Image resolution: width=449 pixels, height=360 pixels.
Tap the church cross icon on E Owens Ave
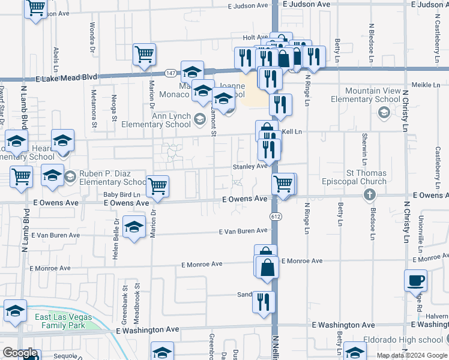click(369, 194)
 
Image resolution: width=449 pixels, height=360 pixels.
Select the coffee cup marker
click(415, 280)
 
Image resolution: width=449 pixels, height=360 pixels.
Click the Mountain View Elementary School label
click(373, 95)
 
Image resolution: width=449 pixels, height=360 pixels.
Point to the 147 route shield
click(170, 73)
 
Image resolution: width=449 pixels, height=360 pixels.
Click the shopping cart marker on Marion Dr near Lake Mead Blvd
click(144, 55)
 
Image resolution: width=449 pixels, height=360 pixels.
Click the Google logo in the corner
click(20, 353)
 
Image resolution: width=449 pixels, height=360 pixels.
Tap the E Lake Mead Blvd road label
click(66, 78)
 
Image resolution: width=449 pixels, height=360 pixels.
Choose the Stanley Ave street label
click(250, 167)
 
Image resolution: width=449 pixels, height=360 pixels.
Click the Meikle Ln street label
click(428, 85)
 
